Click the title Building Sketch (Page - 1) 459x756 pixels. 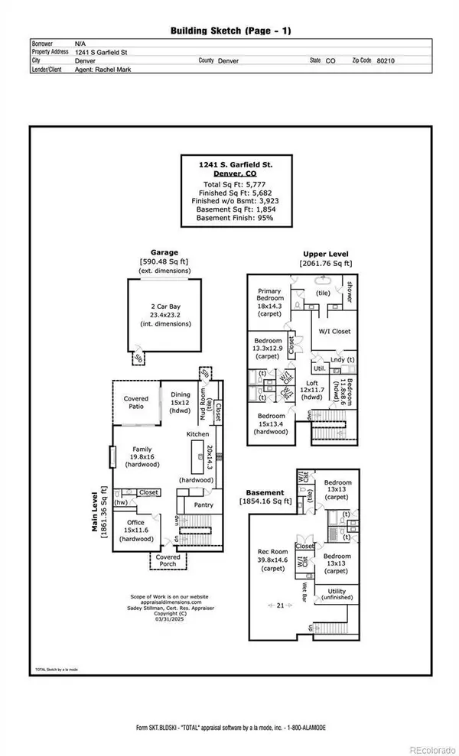coord(229,31)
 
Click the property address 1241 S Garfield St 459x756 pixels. coord(108,52)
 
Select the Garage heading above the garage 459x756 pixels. coord(164,252)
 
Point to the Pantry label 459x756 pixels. coord(203,505)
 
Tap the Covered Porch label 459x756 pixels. coord(167,561)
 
